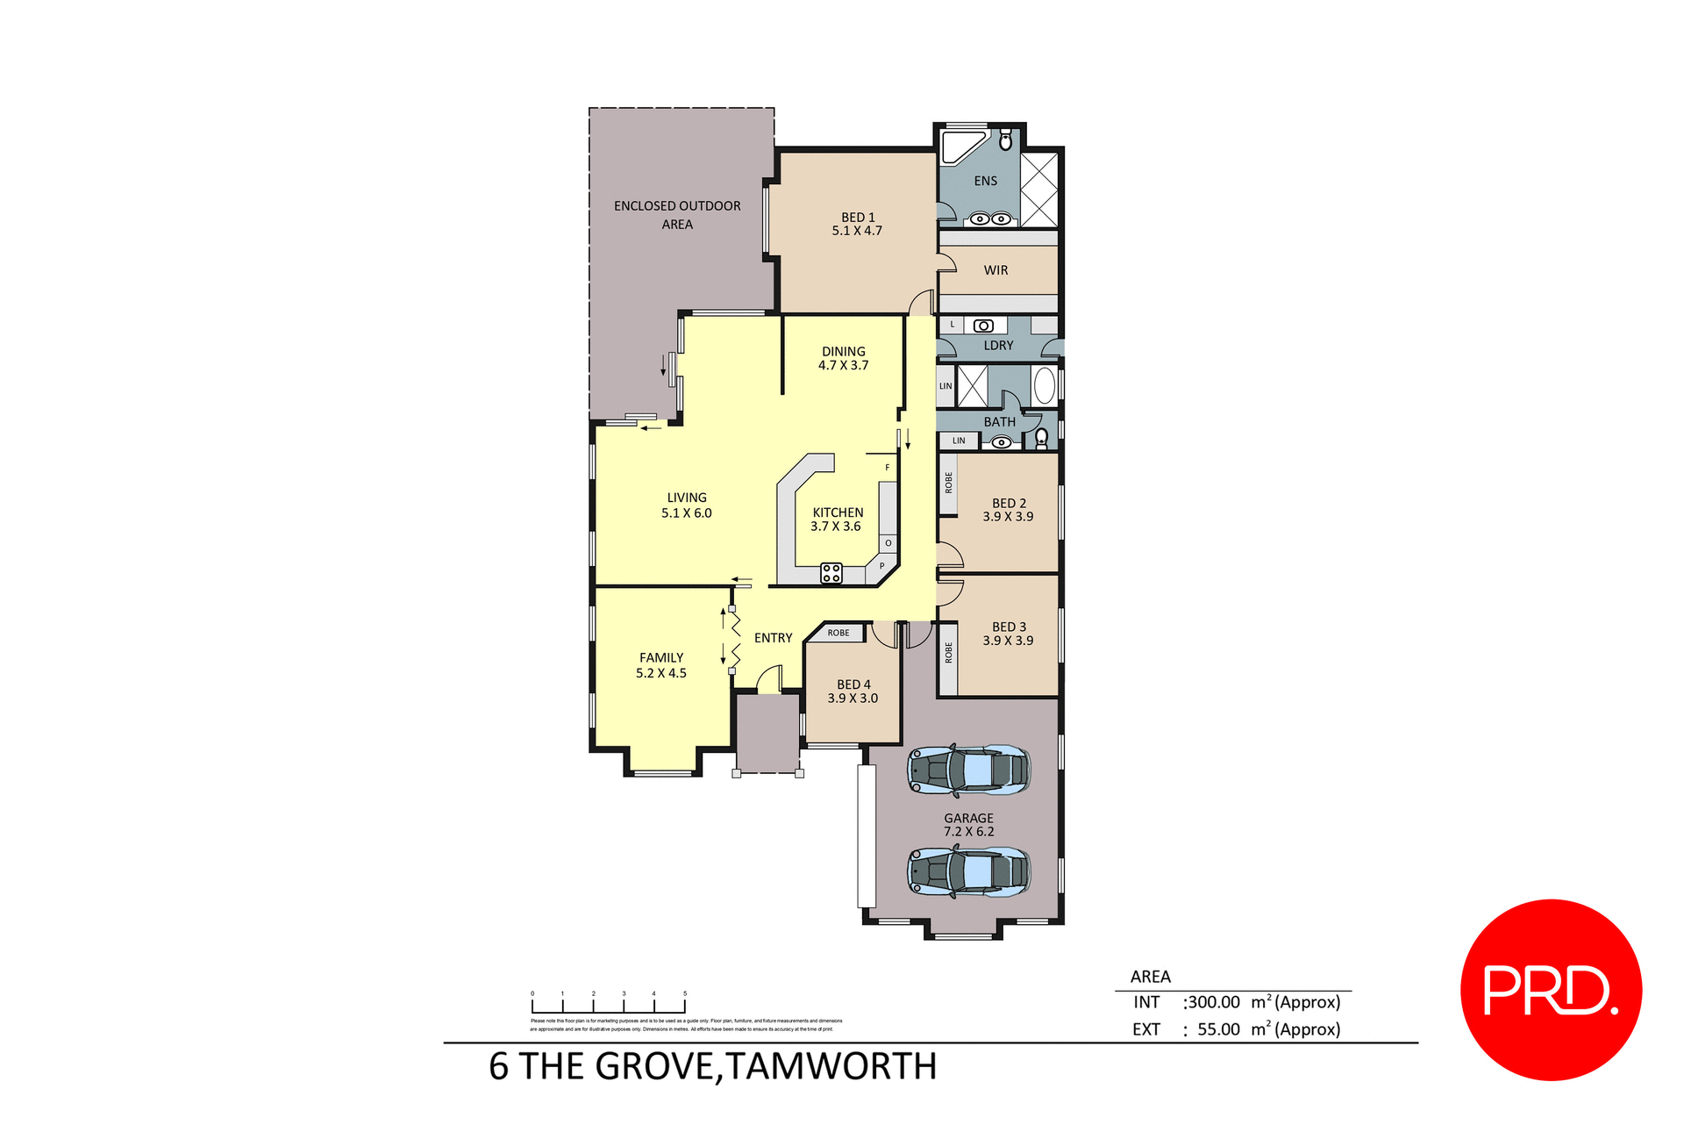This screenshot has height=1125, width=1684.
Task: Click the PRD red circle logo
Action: pyautogui.click(x=1550, y=989)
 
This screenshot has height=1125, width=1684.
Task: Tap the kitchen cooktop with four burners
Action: pyautogui.click(x=831, y=573)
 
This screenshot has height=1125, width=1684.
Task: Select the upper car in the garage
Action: pyautogui.click(x=968, y=770)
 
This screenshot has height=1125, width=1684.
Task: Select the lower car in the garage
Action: pyautogui.click(x=968, y=871)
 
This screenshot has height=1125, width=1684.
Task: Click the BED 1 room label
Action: pyautogui.click(x=857, y=224)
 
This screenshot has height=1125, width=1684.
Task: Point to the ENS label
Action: pyautogui.click(x=985, y=181)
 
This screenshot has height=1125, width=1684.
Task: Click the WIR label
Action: pyautogui.click(x=995, y=270)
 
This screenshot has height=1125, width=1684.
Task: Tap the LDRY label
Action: pyautogui.click(x=998, y=346)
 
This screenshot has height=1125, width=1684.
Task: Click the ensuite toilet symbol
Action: pyautogui.click(x=1005, y=140)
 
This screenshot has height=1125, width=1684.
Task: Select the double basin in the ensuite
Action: pyautogui.click(x=991, y=219)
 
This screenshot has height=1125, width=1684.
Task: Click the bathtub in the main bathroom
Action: pyautogui.click(x=1044, y=385)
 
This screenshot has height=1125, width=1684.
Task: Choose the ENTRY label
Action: pyautogui.click(x=773, y=638)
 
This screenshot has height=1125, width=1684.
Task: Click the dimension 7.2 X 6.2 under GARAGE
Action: pyautogui.click(x=968, y=832)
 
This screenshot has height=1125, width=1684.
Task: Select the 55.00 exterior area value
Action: pyautogui.click(x=1218, y=1029)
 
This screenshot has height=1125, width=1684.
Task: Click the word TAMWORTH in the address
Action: pyautogui.click(x=831, y=1067)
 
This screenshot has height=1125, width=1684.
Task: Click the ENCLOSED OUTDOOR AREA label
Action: pyautogui.click(x=677, y=215)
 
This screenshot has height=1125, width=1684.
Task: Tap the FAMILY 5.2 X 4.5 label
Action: pyautogui.click(x=661, y=665)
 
